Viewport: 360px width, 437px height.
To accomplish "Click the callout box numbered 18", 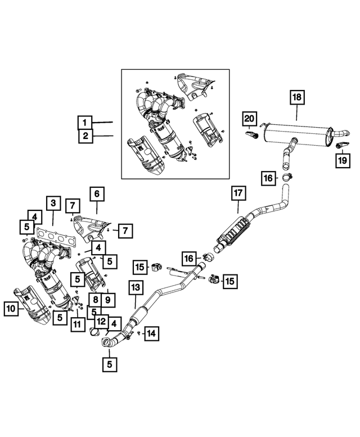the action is coord(297,97).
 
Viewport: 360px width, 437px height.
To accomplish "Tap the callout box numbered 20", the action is coord(249,119).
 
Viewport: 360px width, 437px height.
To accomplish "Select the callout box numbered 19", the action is coord(343,160).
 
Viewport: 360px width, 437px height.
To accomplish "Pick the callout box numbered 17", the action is coord(238,193).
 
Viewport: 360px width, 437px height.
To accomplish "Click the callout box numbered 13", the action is coord(136,287).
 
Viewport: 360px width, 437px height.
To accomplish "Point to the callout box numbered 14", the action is coord(151,334).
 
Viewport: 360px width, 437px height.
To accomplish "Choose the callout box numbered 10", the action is coord(11,309).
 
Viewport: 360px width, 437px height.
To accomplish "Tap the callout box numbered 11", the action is coord(77,324).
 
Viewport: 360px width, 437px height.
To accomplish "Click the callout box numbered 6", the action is coord(97,193).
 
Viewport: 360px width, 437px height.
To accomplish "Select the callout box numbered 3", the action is coord(53,203).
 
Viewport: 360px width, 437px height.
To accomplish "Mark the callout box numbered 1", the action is coord(85,123).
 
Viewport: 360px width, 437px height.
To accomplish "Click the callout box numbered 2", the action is coord(85,136).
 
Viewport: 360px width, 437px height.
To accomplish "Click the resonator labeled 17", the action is coord(233,231).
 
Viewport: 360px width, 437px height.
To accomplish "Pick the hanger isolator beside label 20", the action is coord(251,135).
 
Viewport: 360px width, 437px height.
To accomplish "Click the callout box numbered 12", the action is coord(101,321).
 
